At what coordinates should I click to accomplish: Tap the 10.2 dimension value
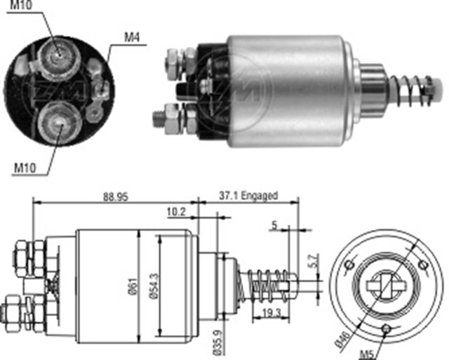click(x=175, y=210)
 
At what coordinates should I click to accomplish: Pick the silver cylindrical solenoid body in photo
click(x=295, y=84)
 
